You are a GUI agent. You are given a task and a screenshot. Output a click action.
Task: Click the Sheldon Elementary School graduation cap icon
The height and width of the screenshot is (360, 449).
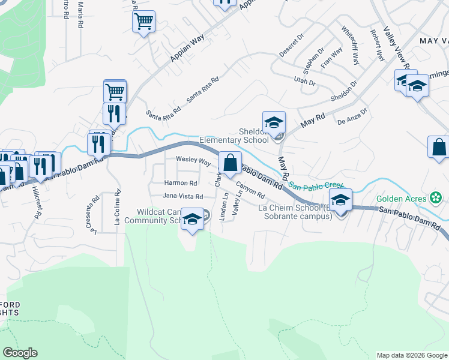pyautogui.click(x=274, y=122)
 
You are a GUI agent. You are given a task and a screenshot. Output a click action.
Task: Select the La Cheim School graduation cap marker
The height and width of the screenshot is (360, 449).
pyautogui.click(x=340, y=200)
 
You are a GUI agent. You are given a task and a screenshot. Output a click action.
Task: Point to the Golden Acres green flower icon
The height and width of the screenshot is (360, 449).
pyautogui.click(x=436, y=197)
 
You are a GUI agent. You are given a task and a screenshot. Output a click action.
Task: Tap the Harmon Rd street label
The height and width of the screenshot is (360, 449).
pyautogui.click(x=181, y=183)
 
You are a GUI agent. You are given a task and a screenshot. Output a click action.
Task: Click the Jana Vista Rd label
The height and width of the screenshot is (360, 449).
pyautogui.click(x=182, y=196)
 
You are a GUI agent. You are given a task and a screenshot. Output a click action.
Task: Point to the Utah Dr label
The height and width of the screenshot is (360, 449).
pyautogui.click(x=304, y=82)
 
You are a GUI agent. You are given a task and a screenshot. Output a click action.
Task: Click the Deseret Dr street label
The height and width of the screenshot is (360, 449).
pyautogui.click(x=292, y=46)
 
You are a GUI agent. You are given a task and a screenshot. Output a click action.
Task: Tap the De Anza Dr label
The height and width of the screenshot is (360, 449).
pyautogui.click(x=352, y=115)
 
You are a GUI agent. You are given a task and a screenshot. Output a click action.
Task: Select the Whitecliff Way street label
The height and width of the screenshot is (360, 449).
pyautogui.click(x=350, y=46)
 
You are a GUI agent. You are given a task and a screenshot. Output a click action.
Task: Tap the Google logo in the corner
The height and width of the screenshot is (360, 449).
pyautogui.click(x=20, y=353)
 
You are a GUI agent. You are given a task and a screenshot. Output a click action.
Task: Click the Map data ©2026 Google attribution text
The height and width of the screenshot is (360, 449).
pyautogui.click(x=411, y=355)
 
